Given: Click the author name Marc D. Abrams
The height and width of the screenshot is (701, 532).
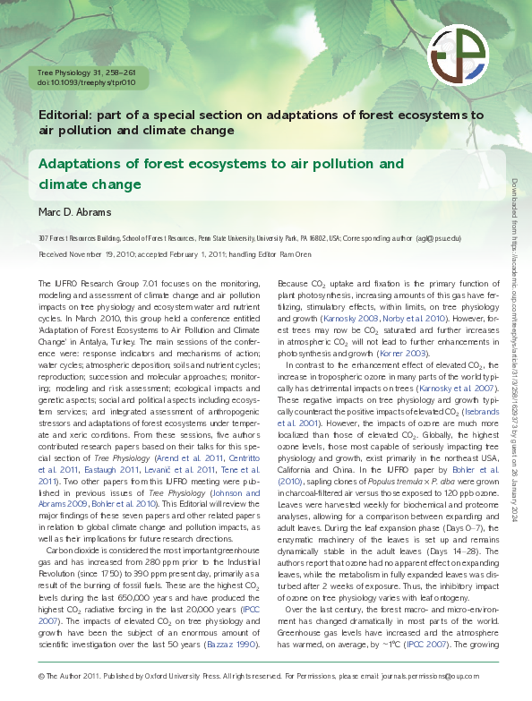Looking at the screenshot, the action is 74,212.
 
